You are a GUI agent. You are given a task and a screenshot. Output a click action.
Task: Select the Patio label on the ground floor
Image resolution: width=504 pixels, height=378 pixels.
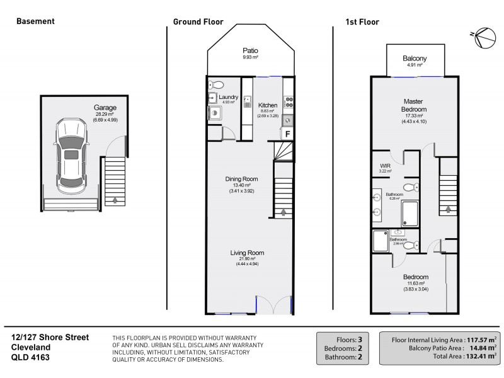coord(251,51)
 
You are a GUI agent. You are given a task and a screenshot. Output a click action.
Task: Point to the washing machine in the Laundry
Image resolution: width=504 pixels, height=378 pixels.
coord(214,113)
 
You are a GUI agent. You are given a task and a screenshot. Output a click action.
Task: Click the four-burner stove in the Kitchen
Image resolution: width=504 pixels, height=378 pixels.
coord(288,101)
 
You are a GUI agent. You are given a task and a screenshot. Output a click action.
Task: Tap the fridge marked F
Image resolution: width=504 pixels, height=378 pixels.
coord(288,134)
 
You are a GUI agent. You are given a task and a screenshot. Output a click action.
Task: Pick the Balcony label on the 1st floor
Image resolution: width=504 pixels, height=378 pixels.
coord(415,59)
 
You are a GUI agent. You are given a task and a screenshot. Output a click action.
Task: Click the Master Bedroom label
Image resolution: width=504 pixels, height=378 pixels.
coord(414,105)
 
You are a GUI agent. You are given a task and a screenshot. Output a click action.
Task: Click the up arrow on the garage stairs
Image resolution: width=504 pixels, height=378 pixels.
coord(115,200)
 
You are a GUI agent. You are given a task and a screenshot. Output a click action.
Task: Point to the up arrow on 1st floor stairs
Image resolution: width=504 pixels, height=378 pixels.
coord(448,210)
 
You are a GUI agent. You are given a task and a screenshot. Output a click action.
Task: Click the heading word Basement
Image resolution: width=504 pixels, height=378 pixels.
coord(35,21)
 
